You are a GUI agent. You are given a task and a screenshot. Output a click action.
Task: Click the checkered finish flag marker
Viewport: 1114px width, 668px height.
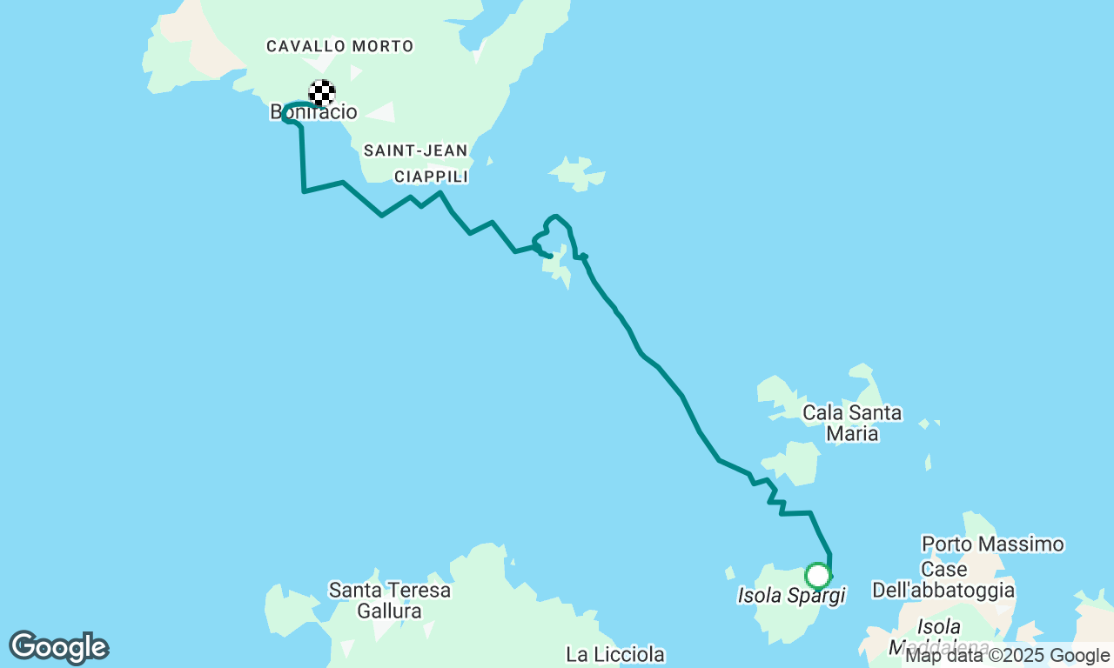[322, 92]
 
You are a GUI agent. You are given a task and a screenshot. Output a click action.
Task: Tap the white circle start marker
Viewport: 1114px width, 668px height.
[817, 575]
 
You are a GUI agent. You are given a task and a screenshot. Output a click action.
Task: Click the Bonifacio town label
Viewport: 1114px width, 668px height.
[313, 112]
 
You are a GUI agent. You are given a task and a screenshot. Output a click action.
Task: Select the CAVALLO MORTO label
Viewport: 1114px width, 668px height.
[339, 46]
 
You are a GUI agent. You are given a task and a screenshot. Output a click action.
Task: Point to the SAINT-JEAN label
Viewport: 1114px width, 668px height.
[415, 150]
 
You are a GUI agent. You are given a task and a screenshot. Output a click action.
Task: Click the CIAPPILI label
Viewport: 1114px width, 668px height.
[431, 177]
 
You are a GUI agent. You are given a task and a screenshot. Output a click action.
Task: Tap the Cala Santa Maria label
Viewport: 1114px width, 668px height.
[851, 423]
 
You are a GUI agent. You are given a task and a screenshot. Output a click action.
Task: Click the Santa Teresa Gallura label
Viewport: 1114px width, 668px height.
[389, 600]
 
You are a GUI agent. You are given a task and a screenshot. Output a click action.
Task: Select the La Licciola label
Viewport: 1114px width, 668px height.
[614, 654]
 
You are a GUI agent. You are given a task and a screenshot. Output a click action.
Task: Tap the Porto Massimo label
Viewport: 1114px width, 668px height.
[992, 544]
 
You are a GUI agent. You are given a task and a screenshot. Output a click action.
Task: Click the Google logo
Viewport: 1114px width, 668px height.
[58, 647]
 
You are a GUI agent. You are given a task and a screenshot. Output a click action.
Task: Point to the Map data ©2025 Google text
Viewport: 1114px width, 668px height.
[1007, 656]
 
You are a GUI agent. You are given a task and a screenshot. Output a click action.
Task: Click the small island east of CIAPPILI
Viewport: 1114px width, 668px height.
[578, 173]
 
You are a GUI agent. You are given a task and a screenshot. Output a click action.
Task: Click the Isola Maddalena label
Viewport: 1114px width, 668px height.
[938, 636]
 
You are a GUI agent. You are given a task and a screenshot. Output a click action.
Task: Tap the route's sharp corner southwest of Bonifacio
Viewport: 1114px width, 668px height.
[304, 190]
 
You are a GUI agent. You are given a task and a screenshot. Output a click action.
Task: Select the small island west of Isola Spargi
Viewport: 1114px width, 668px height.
[729, 572]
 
